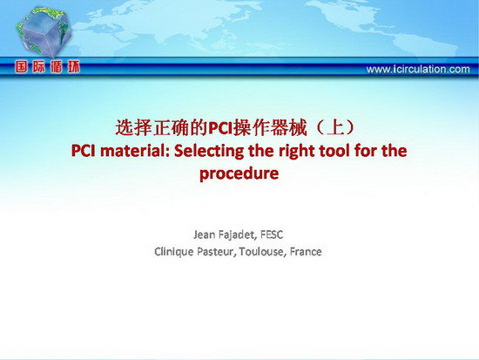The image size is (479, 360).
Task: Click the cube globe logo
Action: point(44,31)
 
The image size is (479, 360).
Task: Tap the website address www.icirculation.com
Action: point(418,69)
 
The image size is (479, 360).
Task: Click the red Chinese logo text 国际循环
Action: point(47,66)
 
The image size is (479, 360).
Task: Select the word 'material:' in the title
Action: point(134,151)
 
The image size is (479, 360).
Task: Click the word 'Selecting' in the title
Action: point(209,151)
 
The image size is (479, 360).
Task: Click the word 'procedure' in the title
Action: point(239,173)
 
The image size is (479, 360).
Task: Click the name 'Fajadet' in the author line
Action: point(238,234)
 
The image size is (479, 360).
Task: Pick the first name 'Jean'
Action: point(204,234)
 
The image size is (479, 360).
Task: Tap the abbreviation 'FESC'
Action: point(272,234)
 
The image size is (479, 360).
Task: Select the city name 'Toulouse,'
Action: point(263,252)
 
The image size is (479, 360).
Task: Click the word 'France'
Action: point(306,252)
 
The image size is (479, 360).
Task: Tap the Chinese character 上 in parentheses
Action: point(335,127)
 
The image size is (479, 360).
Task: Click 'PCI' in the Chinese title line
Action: point(220,128)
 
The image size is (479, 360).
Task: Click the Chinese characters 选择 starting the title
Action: point(134,128)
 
